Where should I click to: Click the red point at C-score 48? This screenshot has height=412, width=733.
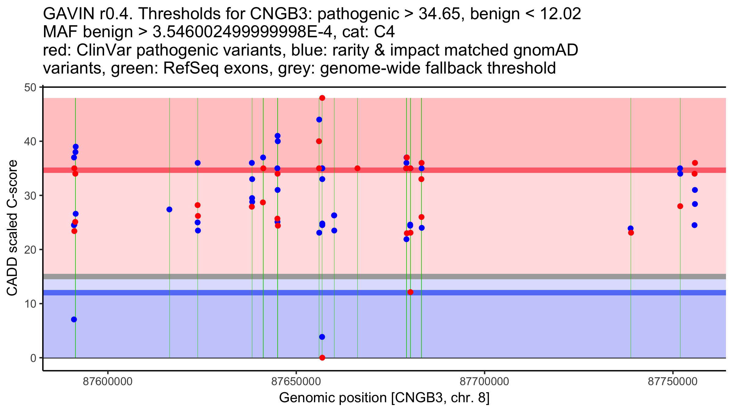(322, 98)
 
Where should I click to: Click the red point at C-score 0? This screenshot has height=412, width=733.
(322, 358)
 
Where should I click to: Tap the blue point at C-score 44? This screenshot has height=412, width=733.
(319, 120)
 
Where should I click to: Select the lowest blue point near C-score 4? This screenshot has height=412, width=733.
(322, 337)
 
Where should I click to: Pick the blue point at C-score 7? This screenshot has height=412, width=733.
(74, 320)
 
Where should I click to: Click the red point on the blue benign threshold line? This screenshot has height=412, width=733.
(410, 292)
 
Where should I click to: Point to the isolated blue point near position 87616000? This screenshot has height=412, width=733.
(169, 209)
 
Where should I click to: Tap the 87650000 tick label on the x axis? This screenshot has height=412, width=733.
(296, 382)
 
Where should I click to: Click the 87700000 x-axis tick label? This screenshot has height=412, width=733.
(484, 382)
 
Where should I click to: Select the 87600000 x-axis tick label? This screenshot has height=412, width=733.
(108, 382)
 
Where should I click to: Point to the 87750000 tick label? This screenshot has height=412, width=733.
(673, 382)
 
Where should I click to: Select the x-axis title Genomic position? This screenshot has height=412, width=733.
(384, 398)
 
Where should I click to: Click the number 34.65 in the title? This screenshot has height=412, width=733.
(439, 14)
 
